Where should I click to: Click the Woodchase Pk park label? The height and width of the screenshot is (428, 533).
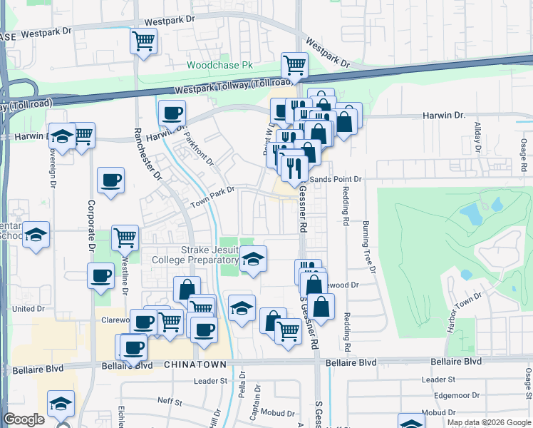pyautogui.click(x=219, y=65)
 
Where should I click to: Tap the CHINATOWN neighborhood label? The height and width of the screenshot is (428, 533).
pyautogui.click(x=195, y=365)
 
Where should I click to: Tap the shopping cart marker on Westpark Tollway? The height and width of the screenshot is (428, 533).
pyautogui.click(x=294, y=66)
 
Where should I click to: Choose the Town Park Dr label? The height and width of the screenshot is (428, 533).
pyautogui.click(x=212, y=198)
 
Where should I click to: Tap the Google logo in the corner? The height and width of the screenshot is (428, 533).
pyautogui.click(x=24, y=419)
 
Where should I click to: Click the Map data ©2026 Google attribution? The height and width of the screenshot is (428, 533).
pyautogui.click(x=489, y=422)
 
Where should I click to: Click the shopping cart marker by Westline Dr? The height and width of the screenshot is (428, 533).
pyautogui.click(x=125, y=237)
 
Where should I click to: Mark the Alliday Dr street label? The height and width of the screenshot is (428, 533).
pyautogui.click(x=478, y=138)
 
